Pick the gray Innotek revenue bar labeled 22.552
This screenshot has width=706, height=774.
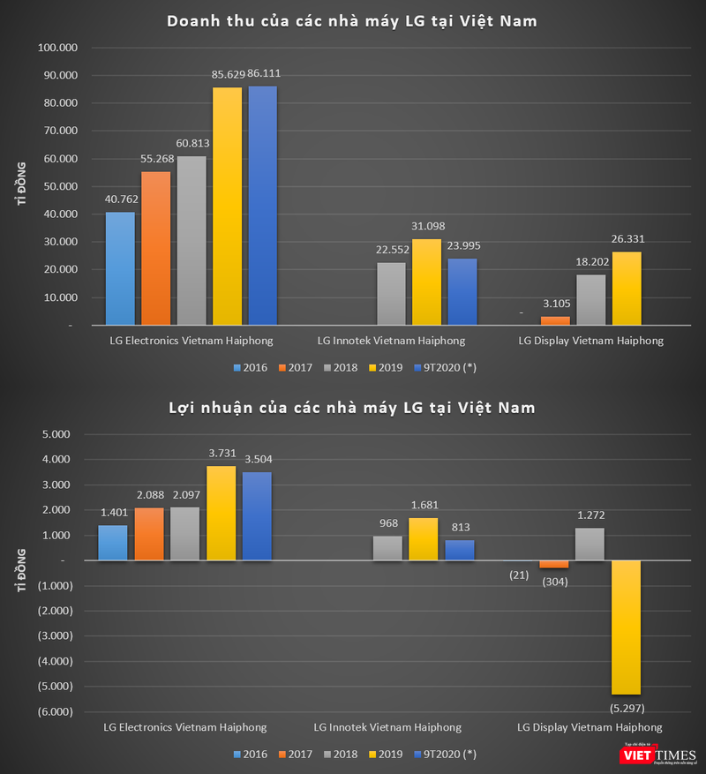(392, 294)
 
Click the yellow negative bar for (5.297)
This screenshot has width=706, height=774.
(627, 627)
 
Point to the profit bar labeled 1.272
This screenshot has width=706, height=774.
(590, 544)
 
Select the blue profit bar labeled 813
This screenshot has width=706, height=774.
(460, 550)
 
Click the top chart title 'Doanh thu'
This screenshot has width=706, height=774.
(352, 20)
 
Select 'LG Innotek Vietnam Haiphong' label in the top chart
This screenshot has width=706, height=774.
(390, 340)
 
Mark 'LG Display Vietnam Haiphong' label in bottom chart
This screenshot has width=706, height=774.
(590, 727)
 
